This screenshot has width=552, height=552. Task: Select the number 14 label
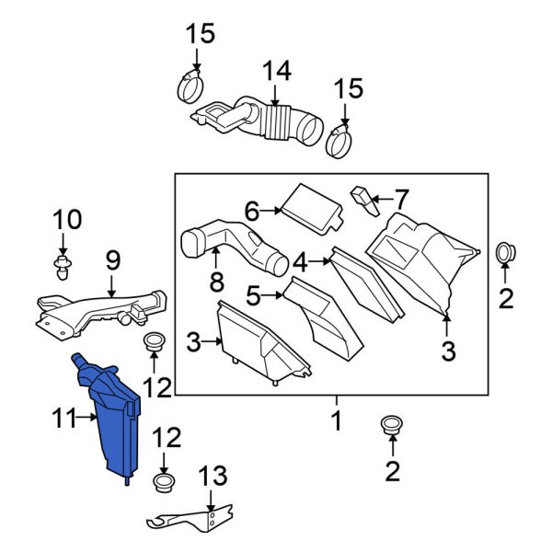(275, 70)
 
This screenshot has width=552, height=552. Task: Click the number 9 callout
(111, 260)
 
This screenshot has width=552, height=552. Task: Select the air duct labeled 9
(101, 306)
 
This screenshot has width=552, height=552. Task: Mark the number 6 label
(252, 211)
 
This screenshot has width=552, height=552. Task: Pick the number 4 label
(300, 261)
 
